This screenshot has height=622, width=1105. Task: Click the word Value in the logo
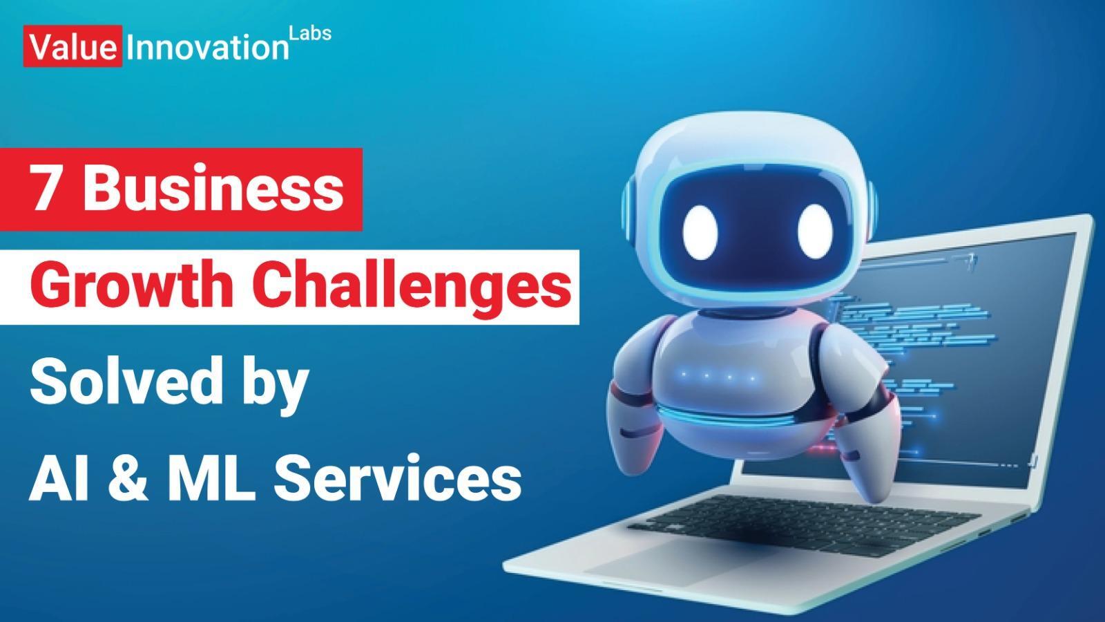(73, 48)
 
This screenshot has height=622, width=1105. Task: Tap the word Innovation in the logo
(208, 48)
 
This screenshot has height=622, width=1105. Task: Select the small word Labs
(310, 33)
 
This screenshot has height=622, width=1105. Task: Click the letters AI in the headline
(59, 478)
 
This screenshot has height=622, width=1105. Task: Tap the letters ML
(211, 478)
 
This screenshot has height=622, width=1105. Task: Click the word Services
(398, 478)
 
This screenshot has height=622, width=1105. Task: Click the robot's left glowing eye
(700, 232)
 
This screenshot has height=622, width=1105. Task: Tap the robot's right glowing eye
(815, 232)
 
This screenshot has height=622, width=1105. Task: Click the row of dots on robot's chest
(718, 377)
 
